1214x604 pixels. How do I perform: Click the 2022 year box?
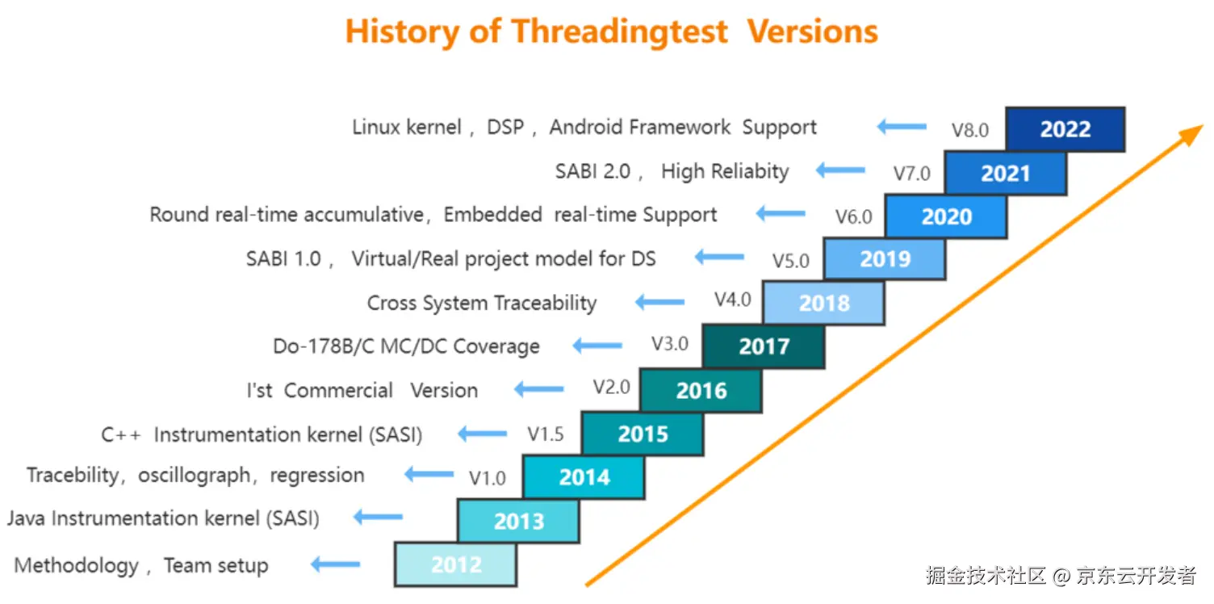coord(1065,129)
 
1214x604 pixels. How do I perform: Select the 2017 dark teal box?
coord(764,346)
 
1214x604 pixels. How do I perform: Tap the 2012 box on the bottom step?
coord(456,564)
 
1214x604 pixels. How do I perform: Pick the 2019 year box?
coord(885,258)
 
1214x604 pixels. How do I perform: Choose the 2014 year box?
coord(584,477)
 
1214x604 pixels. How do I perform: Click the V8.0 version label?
coord(970,130)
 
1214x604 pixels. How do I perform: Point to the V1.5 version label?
coord(545,434)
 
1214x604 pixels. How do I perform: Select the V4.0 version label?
coord(733,300)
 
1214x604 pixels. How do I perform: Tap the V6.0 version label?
coord(854,217)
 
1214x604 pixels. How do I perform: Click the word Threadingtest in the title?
coord(619,31)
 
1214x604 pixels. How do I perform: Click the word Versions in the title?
coord(812,31)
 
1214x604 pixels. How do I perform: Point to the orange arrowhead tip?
coord(1203,126)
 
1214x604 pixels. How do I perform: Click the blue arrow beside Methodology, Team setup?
coord(336,564)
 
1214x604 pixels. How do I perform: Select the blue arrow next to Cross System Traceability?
coord(660,302)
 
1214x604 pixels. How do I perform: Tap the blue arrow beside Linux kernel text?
coord(902,127)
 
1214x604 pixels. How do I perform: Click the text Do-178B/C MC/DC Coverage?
coord(407,346)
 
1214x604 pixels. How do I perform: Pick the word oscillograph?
coord(194,476)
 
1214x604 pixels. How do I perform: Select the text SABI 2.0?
coord(592,171)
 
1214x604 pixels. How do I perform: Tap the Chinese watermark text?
coord(1061,576)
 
